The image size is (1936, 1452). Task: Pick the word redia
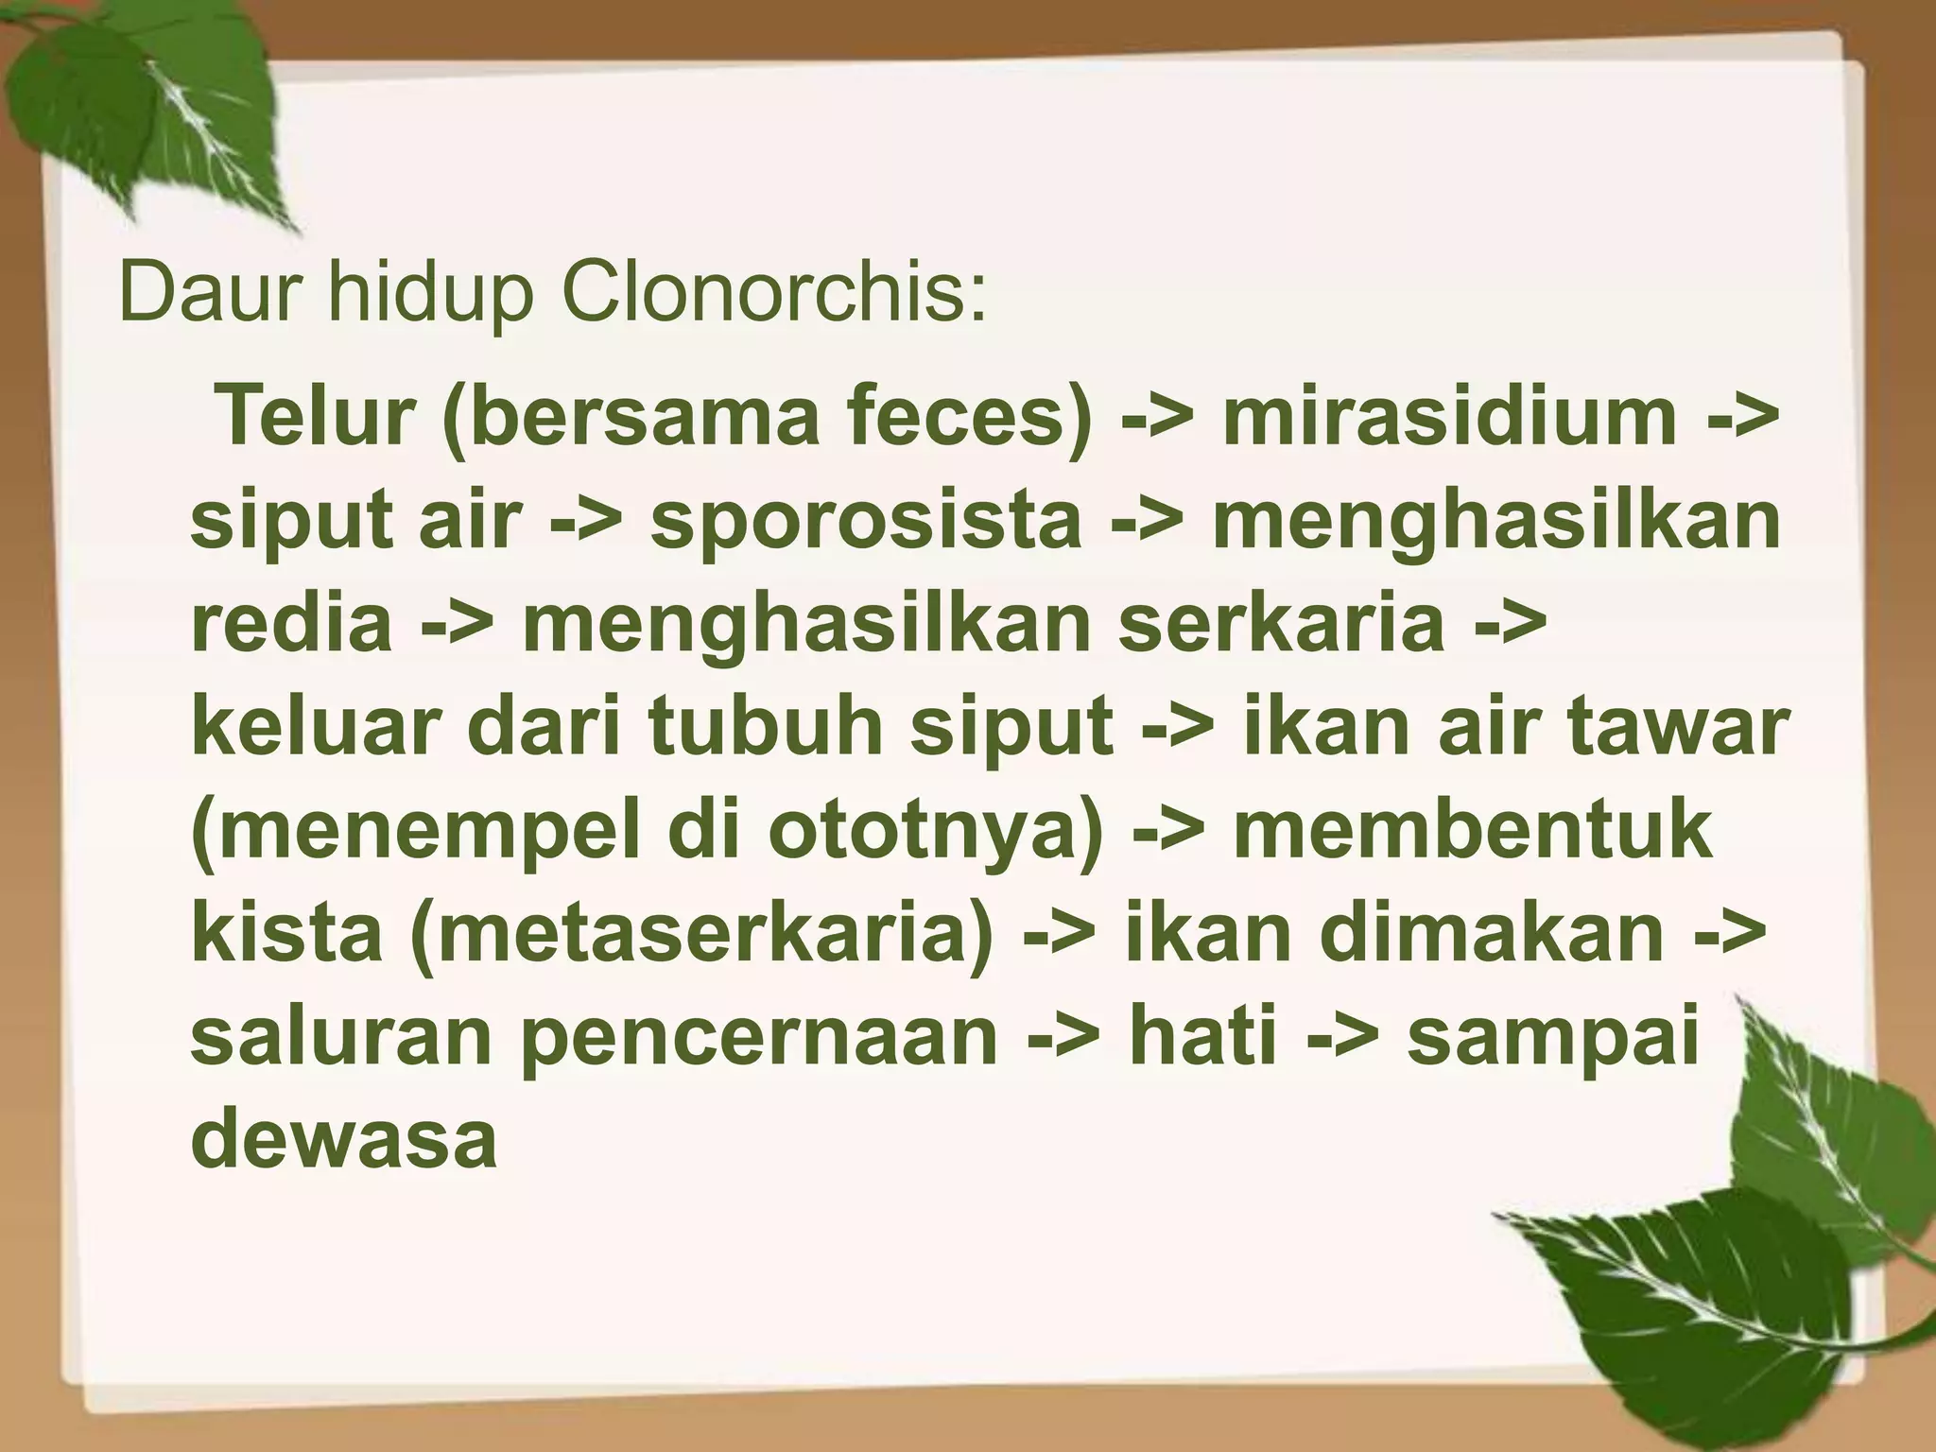click(292, 623)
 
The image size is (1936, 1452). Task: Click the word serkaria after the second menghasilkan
click(1282, 623)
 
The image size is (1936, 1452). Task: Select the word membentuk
click(1473, 830)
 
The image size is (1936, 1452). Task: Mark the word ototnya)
click(935, 830)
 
